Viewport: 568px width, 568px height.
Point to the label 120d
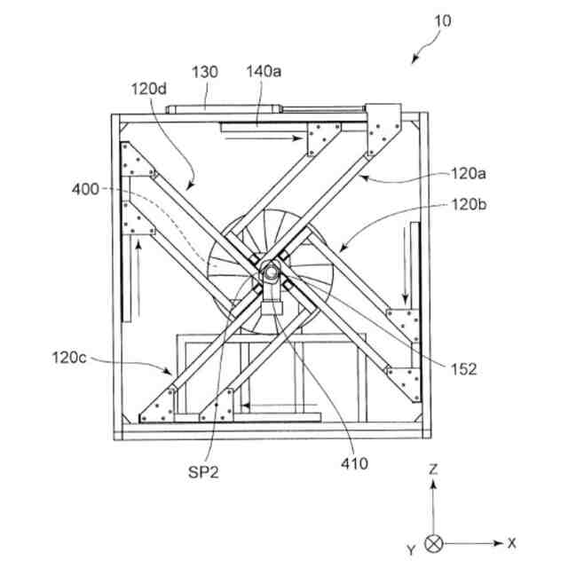pos(148,91)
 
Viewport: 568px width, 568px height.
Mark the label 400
pos(86,189)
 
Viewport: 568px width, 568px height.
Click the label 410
pos(352,463)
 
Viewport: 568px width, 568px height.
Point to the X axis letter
pos(512,542)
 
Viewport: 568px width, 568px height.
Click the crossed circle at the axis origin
pos(433,542)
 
